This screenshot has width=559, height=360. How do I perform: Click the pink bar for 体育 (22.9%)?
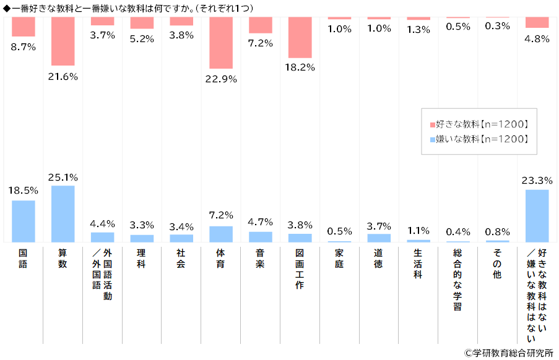[221, 43]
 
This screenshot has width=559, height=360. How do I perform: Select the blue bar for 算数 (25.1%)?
[63, 213]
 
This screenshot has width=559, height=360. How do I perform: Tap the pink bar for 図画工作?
[300, 37]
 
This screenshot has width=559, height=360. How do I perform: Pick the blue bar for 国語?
[23, 221]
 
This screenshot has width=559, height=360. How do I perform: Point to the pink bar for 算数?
[63, 41]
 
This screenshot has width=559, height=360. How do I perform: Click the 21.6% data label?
[63, 76]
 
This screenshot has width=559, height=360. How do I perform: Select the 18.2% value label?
[300, 68]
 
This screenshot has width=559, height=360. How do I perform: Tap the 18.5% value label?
[23, 191]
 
